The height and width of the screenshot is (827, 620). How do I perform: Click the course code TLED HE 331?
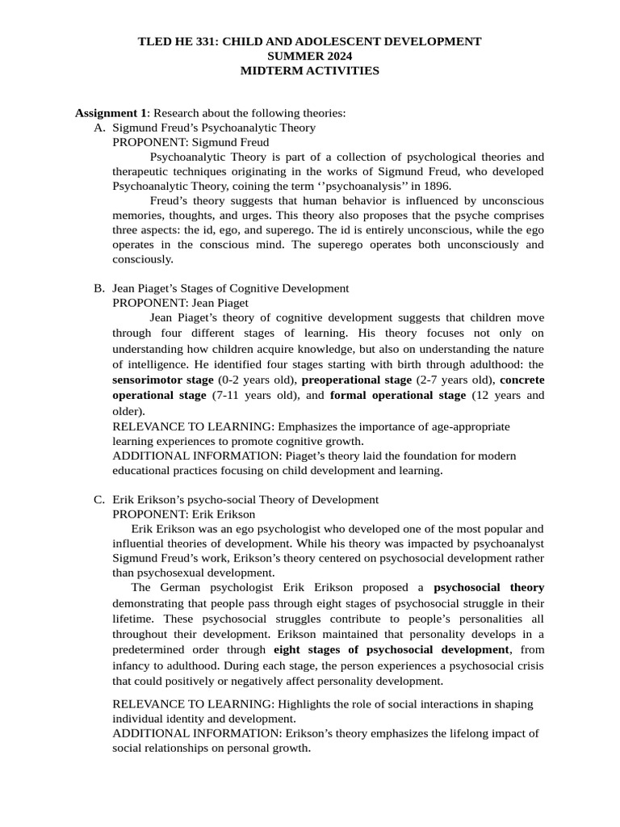tap(174, 41)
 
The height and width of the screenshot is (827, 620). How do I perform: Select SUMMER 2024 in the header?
tap(309, 56)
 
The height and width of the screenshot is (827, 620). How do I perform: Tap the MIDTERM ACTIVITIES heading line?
tap(309, 70)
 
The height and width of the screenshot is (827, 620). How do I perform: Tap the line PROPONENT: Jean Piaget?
tap(180, 303)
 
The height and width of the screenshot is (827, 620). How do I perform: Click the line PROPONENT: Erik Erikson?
tap(183, 514)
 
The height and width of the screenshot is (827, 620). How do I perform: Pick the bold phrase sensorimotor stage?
tap(163, 380)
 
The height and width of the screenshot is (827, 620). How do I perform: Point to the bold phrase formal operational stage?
tap(398, 395)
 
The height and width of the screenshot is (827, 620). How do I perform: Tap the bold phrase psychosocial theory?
tap(488, 587)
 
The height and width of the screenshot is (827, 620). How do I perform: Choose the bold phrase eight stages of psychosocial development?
tap(392, 649)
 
